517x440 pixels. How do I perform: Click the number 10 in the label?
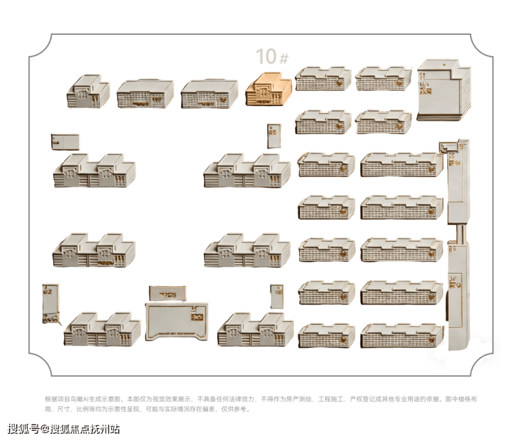[x=266, y=57]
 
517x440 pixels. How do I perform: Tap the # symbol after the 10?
[x=283, y=58]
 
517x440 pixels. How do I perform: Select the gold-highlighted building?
[x=265, y=90]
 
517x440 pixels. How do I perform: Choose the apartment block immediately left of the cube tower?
[x=383, y=79]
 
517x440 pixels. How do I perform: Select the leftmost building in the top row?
[x=88, y=91]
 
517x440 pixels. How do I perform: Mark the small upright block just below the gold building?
[x=273, y=135]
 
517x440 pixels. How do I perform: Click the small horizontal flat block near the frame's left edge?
[x=65, y=141]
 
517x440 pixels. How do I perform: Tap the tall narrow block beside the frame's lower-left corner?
[x=50, y=305]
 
